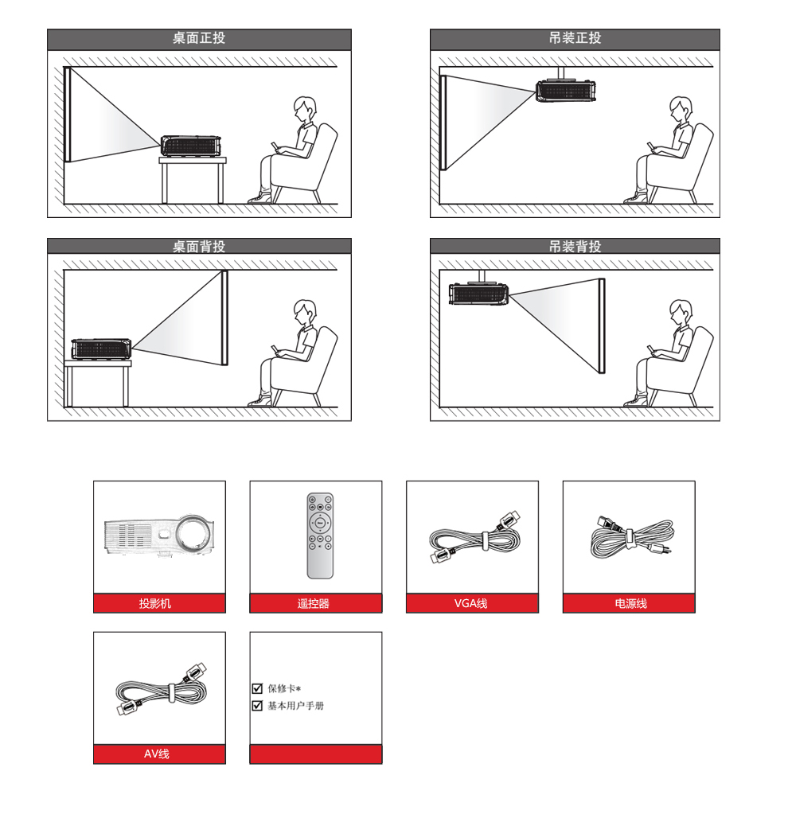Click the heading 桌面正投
click(199, 38)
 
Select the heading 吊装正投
click(575, 38)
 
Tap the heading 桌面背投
click(199, 246)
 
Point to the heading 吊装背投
click(575, 246)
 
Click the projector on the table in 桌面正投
click(190, 146)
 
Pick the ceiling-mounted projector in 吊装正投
click(566, 90)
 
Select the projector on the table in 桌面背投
click(101, 349)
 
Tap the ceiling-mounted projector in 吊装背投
click(478, 294)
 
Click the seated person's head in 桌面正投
click(305, 109)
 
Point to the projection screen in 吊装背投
click(602, 326)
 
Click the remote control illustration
click(320, 536)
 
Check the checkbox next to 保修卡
click(257, 688)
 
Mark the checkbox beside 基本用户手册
click(257, 706)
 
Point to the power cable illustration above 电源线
click(631, 537)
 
